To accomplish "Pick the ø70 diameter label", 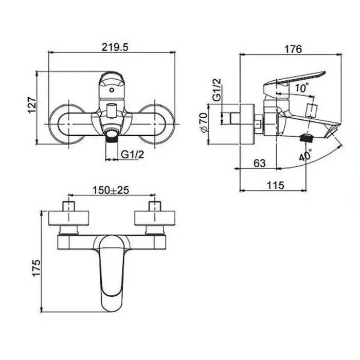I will (x=204, y=123).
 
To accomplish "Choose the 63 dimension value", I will (x=259, y=163).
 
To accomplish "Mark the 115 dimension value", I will (x=275, y=186).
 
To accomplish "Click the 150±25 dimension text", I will (x=110, y=190).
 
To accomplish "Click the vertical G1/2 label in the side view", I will (x=217, y=91).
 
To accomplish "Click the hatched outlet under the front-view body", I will (x=111, y=136).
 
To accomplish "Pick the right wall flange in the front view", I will (x=157, y=123).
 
